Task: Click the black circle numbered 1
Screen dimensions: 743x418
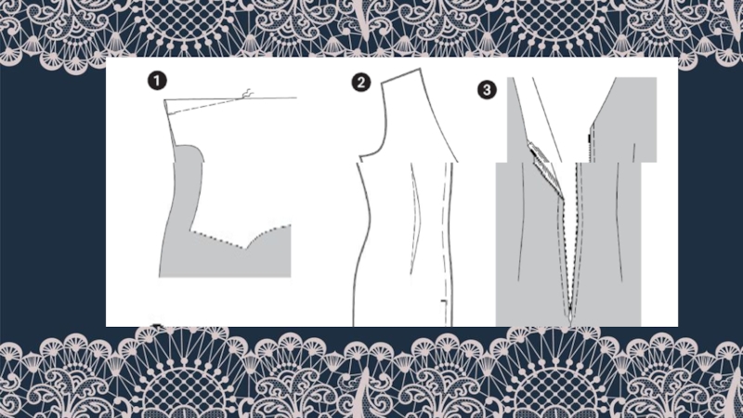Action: coord(157,81)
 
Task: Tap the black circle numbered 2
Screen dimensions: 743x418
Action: coord(361,83)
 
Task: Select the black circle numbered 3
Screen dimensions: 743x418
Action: coord(487,89)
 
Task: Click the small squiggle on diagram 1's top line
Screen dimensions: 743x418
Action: coord(248,94)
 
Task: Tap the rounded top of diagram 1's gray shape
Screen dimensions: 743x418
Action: coord(189,148)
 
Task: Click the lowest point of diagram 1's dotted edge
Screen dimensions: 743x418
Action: coord(244,247)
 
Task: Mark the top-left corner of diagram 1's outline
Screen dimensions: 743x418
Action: coord(164,100)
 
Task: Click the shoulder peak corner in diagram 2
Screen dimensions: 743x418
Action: coord(421,69)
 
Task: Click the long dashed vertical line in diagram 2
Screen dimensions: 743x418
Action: coord(445,237)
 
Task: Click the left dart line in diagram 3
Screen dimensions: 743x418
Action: coord(521,222)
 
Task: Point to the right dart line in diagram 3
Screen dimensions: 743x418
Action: coord(619,223)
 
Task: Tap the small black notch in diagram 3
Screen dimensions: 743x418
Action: coord(589,138)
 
